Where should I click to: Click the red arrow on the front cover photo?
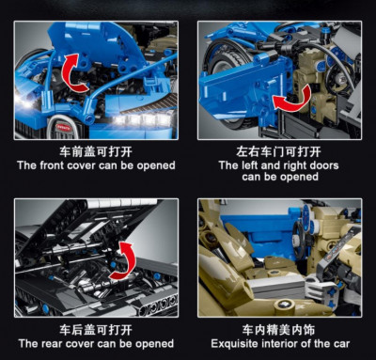pyautogui.click(x=73, y=73)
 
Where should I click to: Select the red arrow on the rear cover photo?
pyautogui.click(x=125, y=260)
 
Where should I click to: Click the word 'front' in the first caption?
pyautogui.click(x=52, y=165)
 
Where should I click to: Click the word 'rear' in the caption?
pyautogui.click(x=52, y=343)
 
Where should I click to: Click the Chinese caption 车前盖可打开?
pyautogui.click(x=96, y=152)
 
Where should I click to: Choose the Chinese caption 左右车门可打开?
pyautogui.click(x=278, y=152)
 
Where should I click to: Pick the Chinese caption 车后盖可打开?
pyautogui.click(x=96, y=330)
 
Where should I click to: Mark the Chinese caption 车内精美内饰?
pyautogui.click(x=278, y=330)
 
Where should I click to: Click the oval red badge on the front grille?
pyautogui.click(x=64, y=126)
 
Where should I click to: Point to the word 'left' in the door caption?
pyautogui.click(x=250, y=165)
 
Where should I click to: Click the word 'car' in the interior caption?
pyautogui.click(x=341, y=344)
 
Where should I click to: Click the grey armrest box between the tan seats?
pyautogui.click(x=274, y=288)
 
